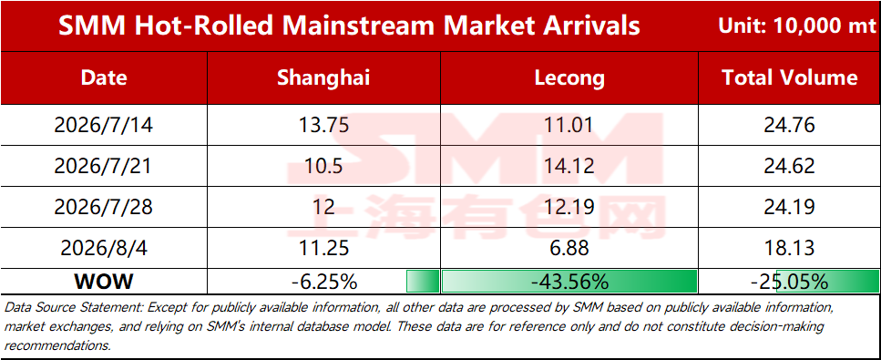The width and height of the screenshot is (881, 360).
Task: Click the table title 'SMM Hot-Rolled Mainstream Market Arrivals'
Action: [x=349, y=26]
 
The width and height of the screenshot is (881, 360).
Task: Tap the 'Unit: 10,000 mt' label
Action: [x=796, y=26]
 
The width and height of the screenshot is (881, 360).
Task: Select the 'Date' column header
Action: [x=104, y=77]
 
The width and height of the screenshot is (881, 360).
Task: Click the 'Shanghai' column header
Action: [x=323, y=77]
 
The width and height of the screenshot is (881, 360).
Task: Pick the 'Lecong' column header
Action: [x=569, y=78]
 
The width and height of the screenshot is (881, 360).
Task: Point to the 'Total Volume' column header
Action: [x=789, y=77]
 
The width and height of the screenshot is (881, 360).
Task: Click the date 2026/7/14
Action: [x=103, y=125]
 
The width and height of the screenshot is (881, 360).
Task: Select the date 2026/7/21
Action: [x=103, y=166]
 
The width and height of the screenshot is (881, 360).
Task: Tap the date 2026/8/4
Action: [x=103, y=248]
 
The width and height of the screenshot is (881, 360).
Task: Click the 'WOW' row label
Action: [x=103, y=282]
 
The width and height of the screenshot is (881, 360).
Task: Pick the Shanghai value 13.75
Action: [x=323, y=125]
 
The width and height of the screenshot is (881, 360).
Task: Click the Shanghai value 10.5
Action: [x=323, y=166]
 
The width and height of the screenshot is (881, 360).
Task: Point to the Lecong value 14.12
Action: [x=569, y=166]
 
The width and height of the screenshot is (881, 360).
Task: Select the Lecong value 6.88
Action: [x=569, y=248]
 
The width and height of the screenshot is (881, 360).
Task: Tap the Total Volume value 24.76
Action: [x=789, y=125]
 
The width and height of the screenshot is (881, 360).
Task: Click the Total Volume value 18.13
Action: [x=789, y=248]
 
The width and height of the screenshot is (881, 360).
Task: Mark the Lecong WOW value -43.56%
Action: [x=569, y=282]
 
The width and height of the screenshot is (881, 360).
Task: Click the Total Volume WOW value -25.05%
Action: [x=789, y=282]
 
